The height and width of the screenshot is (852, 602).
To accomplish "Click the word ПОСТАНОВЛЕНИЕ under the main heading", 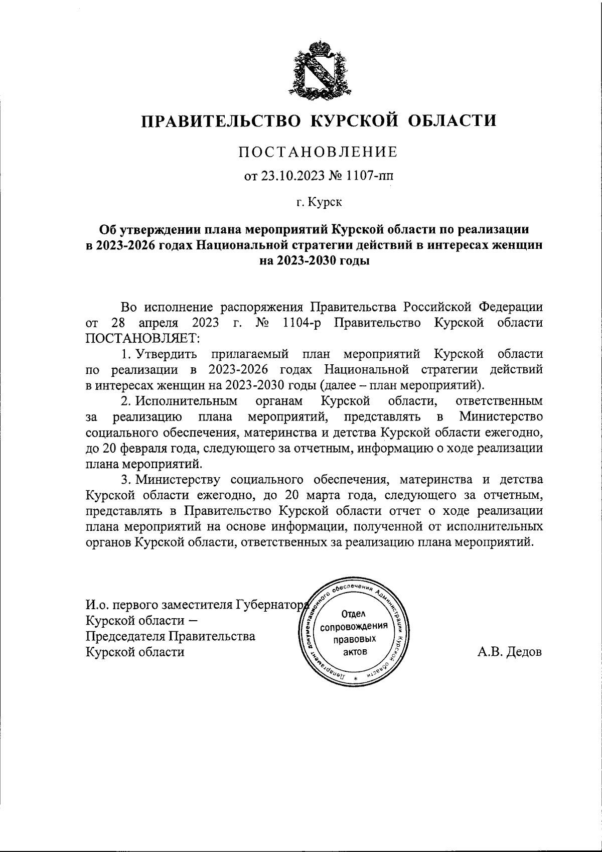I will point(318,152).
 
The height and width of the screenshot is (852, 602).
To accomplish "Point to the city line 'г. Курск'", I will point(318,203).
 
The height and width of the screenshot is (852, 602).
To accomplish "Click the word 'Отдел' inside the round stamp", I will point(355,614).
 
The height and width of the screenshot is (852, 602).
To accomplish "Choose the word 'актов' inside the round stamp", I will point(355,652).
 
